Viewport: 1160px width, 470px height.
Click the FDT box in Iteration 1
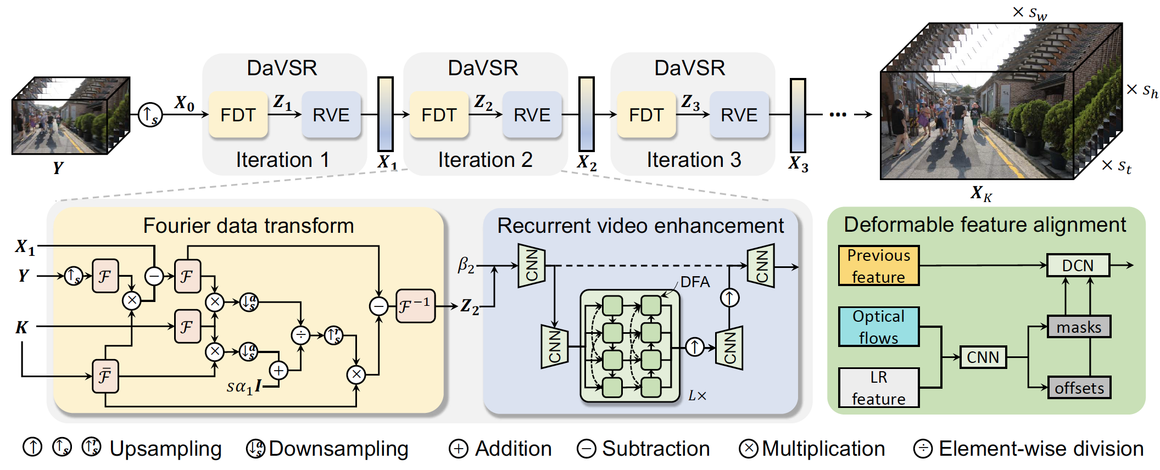(x=238, y=115)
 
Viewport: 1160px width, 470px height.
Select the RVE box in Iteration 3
(x=739, y=115)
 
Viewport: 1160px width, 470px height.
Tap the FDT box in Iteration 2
(x=439, y=115)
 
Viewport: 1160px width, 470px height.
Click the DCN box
(x=1078, y=266)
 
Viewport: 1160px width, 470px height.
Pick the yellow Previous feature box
(x=878, y=266)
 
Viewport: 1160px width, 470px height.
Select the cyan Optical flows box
(x=878, y=327)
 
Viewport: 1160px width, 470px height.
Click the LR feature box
(x=878, y=388)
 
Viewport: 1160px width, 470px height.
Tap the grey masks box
(x=1079, y=327)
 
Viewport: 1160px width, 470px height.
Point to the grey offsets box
(x=1079, y=388)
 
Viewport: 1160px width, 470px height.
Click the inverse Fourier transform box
(x=415, y=306)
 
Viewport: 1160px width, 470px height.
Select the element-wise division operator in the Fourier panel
(x=300, y=335)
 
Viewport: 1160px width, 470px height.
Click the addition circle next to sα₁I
(x=279, y=371)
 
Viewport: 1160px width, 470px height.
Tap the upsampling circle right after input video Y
(x=149, y=115)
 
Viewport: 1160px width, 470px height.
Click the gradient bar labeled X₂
(x=587, y=114)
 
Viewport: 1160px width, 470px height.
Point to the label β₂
(x=466, y=266)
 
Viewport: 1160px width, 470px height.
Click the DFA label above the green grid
(x=695, y=282)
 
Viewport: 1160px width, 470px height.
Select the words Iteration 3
(x=694, y=160)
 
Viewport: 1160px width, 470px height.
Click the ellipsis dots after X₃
(x=838, y=115)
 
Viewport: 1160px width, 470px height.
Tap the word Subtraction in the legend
(x=656, y=449)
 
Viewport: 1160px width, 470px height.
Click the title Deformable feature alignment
(x=984, y=225)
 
